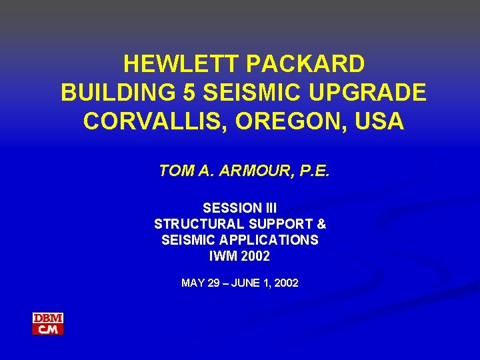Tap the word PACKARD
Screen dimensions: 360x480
(305, 64)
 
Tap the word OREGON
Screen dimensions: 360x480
(278, 122)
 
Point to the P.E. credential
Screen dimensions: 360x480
(313, 171)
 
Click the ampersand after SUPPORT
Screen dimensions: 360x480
(321, 224)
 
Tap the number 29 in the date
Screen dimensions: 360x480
(213, 283)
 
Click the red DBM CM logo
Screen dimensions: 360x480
(48, 324)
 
